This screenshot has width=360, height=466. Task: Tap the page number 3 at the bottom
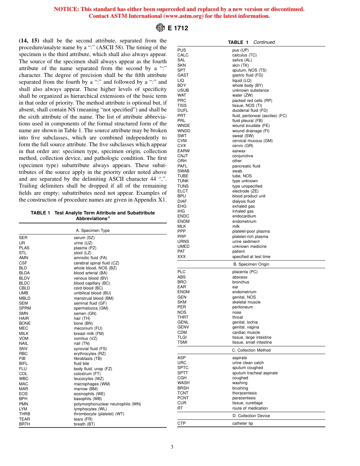pyautogui.click(x=172, y=447)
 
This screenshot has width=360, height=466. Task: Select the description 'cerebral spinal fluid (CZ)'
pyautogui.click(x=96, y=263)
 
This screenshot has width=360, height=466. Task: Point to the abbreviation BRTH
pyautogui.click(x=24, y=424)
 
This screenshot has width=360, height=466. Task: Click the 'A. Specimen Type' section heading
pyautogui.click(x=93, y=230)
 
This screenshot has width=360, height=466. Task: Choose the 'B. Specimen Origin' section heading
pyautogui.click(x=251, y=264)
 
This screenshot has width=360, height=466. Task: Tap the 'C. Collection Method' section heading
pyautogui.click(x=251, y=350)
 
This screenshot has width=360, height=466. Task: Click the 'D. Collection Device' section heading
pyautogui.click(x=251, y=416)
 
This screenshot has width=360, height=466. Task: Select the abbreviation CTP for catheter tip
pyautogui.click(x=182, y=424)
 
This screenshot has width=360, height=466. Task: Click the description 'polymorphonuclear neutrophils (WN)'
pyautogui.click(x=107, y=404)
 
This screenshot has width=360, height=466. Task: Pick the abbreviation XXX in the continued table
pyautogui.click(x=182, y=256)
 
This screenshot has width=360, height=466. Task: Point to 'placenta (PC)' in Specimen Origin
pyautogui.click(x=245, y=272)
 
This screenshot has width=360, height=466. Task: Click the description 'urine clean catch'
pyautogui.click(x=248, y=363)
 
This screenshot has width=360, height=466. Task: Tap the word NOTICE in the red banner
pyautogui.click(x=66, y=9)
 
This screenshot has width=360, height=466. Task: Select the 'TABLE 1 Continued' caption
pyautogui.click(x=251, y=42)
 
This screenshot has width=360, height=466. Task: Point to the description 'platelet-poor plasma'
pyautogui.click(x=251, y=231)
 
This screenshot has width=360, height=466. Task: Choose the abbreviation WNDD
pyautogui.click(x=184, y=131)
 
